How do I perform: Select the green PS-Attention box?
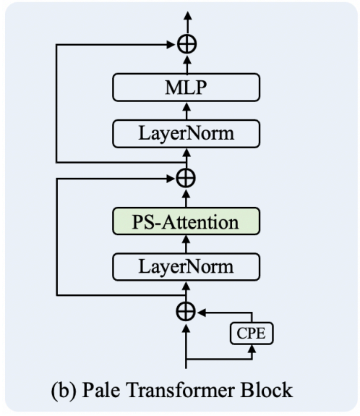click(x=187, y=222)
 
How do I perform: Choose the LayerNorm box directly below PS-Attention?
click(x=187, y=266)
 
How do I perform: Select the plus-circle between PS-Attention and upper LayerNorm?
click(x=187, y=177)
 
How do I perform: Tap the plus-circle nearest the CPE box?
click(x=187, y=311)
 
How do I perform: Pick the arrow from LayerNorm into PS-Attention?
click(x=187, y=245)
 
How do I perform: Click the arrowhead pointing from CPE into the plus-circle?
click(x=203, y=311)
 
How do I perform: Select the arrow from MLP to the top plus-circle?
click(x=187, y=64)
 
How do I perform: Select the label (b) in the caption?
click(x=80, y=391)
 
